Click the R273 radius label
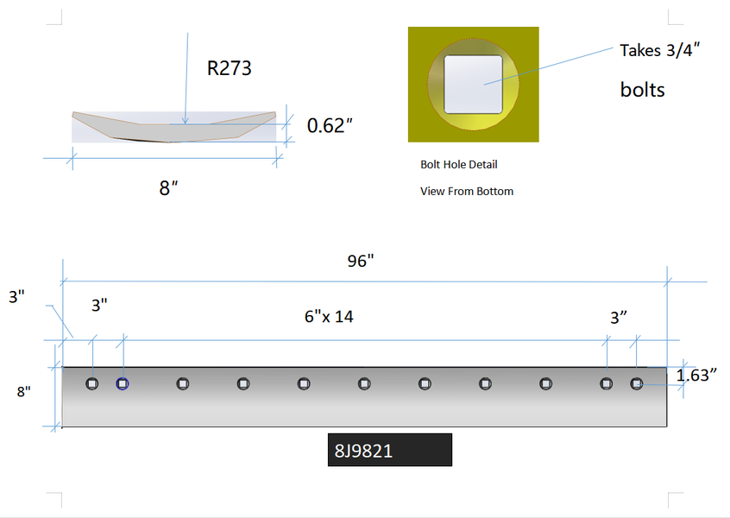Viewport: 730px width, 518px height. [x=229, y=68]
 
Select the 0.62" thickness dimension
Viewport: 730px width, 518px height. [x=330, y=126]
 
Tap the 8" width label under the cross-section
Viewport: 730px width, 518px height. [x=168, y=188]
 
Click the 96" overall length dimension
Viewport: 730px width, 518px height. [x=361, y=261]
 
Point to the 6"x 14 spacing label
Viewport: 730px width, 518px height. [x=329, y=317]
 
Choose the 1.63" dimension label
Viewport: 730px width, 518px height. [x=696, y=375]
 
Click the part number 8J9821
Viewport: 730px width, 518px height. [x=363, y=451]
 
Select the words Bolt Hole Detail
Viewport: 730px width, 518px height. [x=458, y=164]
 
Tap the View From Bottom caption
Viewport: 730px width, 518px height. [x=467, y=192]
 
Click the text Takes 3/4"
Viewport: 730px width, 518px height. [x=660, y=50]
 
